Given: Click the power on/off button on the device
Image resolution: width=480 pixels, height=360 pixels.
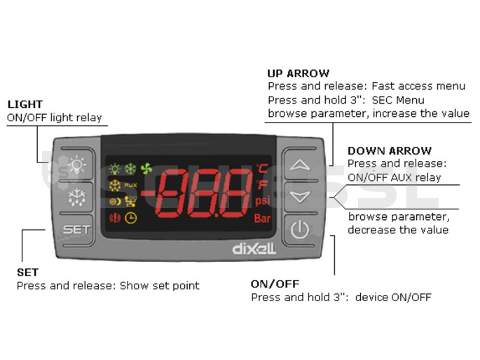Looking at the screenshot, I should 300,230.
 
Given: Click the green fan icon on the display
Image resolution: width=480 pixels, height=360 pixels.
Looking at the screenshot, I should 146,169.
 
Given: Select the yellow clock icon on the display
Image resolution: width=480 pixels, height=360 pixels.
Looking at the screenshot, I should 131,218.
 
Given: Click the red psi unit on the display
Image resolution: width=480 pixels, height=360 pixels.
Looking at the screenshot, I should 262,201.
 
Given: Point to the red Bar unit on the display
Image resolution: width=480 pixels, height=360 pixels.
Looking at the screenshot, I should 262,219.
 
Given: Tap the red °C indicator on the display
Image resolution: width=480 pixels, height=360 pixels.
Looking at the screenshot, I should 261,168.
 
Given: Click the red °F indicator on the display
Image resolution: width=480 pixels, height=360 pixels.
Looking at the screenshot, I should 261,185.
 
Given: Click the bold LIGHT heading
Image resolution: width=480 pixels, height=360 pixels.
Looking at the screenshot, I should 25,104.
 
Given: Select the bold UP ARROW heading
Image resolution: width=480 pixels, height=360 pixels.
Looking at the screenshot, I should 299,73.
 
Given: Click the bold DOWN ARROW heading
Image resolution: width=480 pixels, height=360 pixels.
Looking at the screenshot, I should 390,151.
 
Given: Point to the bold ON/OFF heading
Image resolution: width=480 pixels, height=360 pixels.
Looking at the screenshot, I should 275,284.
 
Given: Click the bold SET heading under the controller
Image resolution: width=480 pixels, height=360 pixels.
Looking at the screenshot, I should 27,272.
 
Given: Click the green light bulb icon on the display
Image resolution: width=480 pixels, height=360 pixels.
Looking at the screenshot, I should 114,169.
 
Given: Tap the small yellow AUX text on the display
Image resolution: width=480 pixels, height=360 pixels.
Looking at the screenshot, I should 130,185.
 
